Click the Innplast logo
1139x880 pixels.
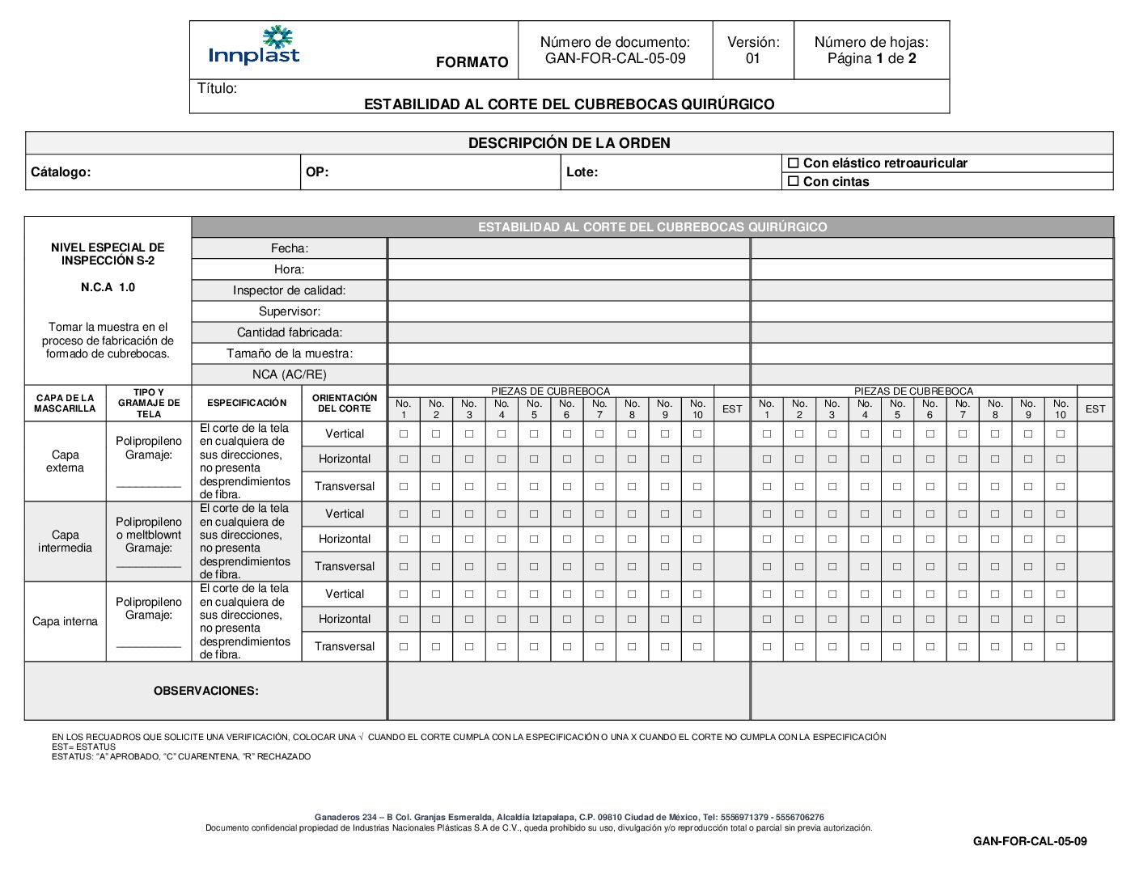click(254, 46)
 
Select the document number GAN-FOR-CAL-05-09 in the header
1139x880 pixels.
click(615, 58)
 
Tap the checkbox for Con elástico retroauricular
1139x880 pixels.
click(794, 163)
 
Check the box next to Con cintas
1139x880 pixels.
click(794, 182)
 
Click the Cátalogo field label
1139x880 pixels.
click(61, 172)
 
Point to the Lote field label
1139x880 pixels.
click(582, 172)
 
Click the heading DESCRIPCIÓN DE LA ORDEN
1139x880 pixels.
click(569, 143)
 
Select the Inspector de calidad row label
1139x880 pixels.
click(289, 290)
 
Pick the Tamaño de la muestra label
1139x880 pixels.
click(289, 353)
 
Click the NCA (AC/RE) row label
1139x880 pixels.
click(289, 374)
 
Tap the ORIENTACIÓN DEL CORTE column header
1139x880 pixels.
click(345, 403)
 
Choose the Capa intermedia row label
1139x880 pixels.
click(65, 541)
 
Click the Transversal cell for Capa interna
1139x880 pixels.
click(345, 646)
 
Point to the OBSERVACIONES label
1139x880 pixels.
click(206, 691)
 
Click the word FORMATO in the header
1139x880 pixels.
click(472, 62)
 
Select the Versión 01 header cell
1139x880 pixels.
click(753, 50)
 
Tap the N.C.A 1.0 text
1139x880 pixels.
click(108, 287)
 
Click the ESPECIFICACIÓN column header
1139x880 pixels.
click(247, 403)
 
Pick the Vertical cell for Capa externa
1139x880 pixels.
click(345, 434)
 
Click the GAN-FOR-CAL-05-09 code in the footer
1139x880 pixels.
click(1029, 841)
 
